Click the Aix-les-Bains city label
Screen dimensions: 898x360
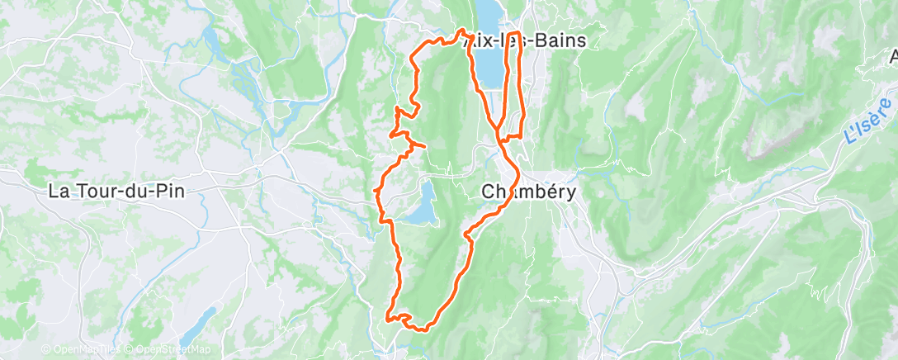point(525,40)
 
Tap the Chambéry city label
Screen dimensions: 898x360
point(528,191)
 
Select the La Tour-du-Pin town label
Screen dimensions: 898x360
point(116,191)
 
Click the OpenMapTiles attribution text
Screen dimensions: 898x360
point(84,349)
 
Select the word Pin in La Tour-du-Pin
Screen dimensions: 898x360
point(169,191)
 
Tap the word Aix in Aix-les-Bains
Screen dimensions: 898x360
point(479,40)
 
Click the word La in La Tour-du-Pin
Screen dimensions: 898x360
point(58,191)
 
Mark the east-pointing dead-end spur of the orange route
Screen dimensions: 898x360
point(419,146)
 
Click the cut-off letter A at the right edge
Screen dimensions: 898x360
point(892,57)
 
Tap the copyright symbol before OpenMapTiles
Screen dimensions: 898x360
point(47,349)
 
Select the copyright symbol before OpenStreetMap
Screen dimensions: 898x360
point(127,349)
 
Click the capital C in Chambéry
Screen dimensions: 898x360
point(488,191)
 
